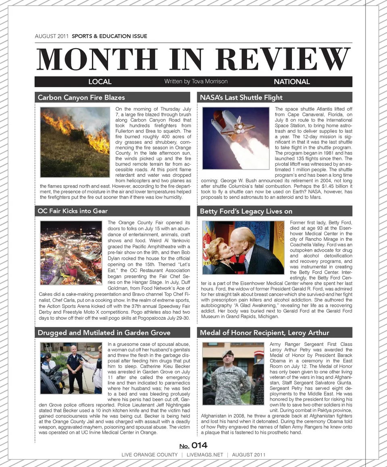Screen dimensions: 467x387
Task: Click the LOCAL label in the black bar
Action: click(x=100, y=82)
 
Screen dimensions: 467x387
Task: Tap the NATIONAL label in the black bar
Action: click(x=291, y=82)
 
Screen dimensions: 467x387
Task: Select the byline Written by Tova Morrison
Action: click(x=196, y=81)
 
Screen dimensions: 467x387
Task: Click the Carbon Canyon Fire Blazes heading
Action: click(x=81, y=97)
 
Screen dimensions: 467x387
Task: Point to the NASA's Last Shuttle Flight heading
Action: click(x=241, y=97)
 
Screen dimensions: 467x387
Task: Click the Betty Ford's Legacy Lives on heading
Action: click(x=246, y=211)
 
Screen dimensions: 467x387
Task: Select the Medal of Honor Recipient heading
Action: click(x=264, y=333)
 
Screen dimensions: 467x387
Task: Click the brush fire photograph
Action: click(x=75, y=142)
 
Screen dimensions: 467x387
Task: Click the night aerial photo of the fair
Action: click(x=71, y=253)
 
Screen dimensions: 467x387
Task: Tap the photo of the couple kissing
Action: click(x=243, y=247)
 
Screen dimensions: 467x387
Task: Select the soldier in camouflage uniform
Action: click(x=230, y=376)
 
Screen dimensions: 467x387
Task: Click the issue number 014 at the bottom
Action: click(x=199, y=445)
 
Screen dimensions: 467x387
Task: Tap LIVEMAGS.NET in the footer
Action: click(x=204, y=455)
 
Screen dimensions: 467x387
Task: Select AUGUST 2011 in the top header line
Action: click(x=52, y=36)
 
